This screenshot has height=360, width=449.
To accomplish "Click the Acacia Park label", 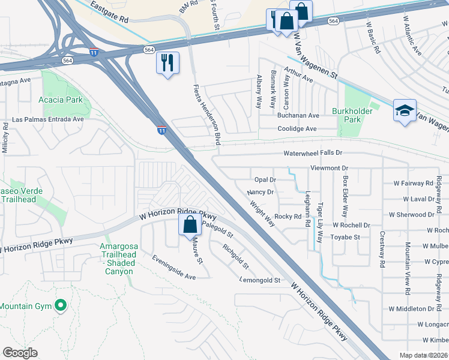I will (61, 100).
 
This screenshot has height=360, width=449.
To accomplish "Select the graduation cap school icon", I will (405, 111).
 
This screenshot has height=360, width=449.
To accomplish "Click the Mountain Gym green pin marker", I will (60, 306).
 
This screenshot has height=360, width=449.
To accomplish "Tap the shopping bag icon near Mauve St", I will (190, 226).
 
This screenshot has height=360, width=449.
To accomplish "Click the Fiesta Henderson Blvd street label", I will (208, 115).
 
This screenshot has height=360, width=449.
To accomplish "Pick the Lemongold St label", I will (261, 280).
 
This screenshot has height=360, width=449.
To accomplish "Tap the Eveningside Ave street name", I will (173, 268).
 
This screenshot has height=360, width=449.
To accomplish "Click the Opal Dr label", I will (265, 179).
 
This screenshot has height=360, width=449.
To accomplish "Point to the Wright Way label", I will (262, 214).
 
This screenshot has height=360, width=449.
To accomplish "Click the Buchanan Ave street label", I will (298, 115).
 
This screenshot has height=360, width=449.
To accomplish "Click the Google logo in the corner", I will (20, 353).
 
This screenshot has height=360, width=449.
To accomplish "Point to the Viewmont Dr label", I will (329, 169).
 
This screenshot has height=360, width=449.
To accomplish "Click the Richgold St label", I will (235, 256).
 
